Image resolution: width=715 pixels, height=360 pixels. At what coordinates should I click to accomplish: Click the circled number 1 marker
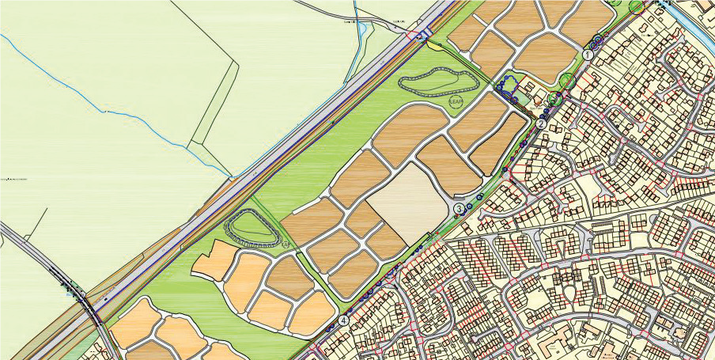pyautogui.click(x=588, y=55)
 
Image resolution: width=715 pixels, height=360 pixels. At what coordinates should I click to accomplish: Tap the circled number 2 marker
pyautogui.click(x=541, y=123)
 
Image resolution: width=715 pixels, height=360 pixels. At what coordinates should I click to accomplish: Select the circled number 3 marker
pyautogui.click(x=460, y=209)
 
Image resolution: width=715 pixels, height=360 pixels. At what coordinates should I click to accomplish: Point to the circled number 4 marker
pyautogui.click(x=344, y=320)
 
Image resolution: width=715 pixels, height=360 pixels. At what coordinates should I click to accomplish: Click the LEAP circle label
pyautogui.click(x=456, y=102)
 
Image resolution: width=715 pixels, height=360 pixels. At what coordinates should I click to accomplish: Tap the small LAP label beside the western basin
pyautogui.click(x=284, y=244)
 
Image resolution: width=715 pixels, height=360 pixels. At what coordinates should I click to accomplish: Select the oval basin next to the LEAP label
pyautogui.click(x=439, y=82)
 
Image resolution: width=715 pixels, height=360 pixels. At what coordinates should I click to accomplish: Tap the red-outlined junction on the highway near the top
pyautogui.click(x=418, y=34)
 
